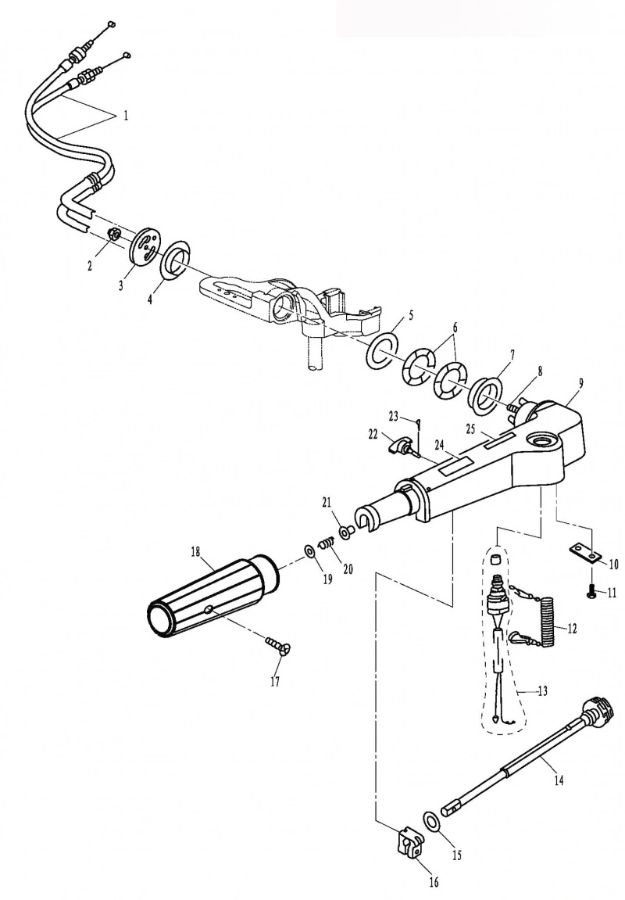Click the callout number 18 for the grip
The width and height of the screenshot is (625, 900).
click(x=196, y=552)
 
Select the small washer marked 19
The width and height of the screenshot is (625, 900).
click(x=309, y=551)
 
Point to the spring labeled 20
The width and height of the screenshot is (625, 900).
click(x=327, y=542)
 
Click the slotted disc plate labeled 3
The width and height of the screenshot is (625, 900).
click(x=147, y=247)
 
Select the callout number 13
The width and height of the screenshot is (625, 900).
click(x=542, y=690)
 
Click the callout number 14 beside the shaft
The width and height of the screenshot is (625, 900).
click(x=559, y=780)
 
